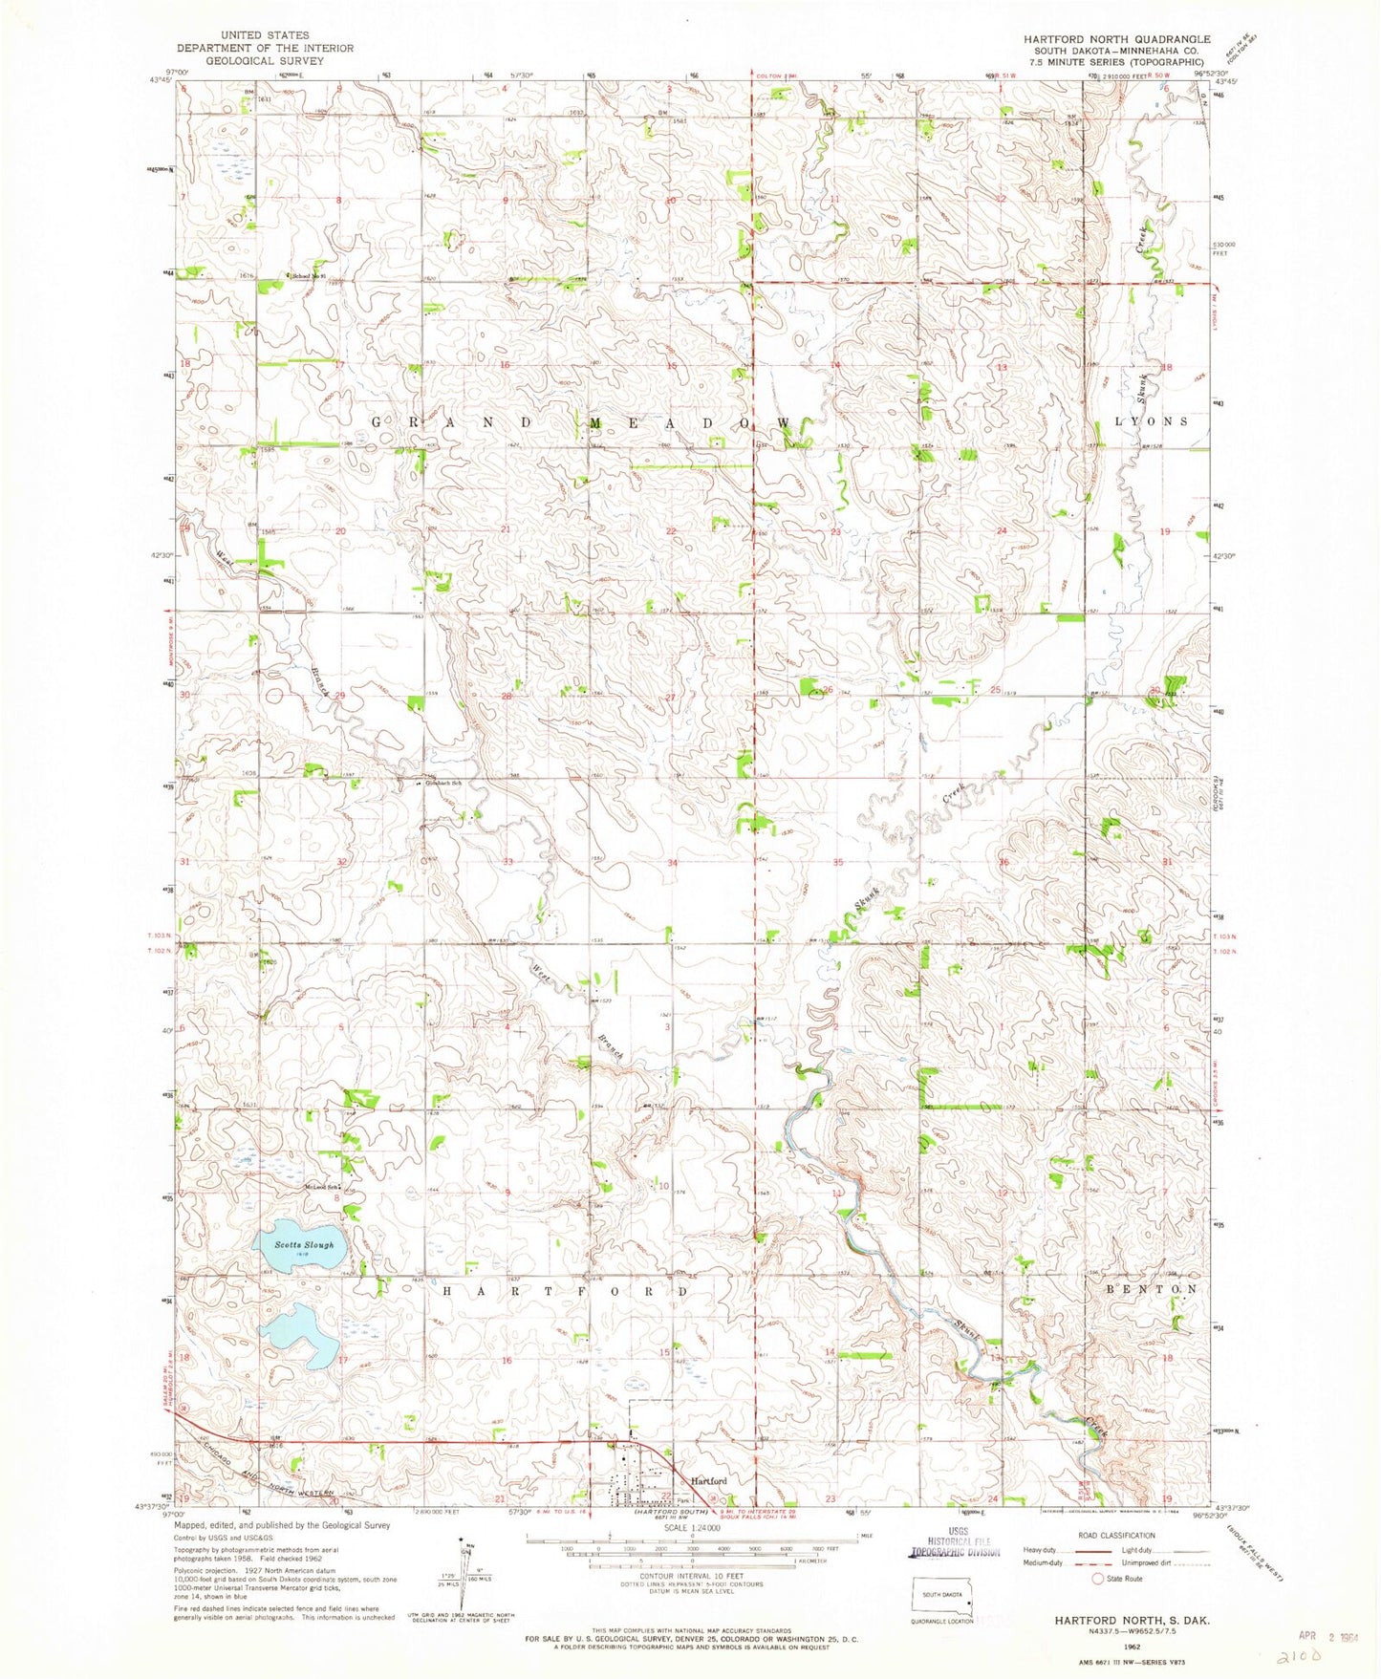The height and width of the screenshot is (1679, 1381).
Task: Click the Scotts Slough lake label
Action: (x=304, y=1245)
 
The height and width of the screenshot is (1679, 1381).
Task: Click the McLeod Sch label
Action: (x=321, y=1188)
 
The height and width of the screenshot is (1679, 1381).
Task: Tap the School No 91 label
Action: (x=309, y=277)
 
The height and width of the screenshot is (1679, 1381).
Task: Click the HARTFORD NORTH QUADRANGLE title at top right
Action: (x=1116, y=39)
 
